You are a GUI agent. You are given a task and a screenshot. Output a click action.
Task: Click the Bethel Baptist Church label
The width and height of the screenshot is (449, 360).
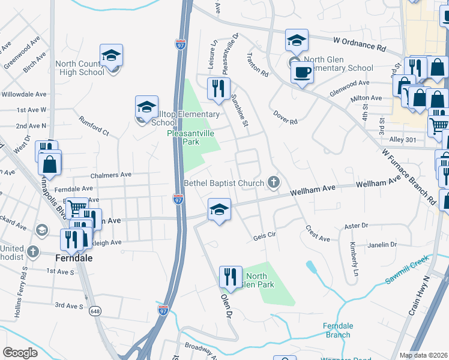[223, 183]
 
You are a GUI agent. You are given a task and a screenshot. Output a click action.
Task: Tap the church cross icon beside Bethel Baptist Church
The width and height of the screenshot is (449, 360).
[274, 182]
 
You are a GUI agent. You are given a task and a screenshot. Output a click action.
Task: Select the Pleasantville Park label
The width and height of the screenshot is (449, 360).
[190, 138]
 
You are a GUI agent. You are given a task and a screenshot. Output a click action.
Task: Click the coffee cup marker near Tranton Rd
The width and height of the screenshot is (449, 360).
[302, 73]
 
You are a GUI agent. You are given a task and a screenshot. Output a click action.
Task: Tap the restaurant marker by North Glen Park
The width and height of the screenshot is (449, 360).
[231, 277]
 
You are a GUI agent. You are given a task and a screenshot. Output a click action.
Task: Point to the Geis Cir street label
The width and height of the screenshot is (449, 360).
[264, 236]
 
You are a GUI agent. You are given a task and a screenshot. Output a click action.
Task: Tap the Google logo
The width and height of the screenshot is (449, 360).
[20, 352]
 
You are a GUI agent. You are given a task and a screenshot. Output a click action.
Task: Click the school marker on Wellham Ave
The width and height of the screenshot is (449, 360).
[219, 209]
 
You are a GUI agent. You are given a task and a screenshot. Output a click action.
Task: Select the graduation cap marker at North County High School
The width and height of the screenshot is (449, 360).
[111, 55]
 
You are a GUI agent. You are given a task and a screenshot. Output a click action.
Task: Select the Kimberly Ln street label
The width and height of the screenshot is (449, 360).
[354, 255]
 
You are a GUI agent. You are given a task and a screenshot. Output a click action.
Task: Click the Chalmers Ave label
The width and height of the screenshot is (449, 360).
[110, 175]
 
